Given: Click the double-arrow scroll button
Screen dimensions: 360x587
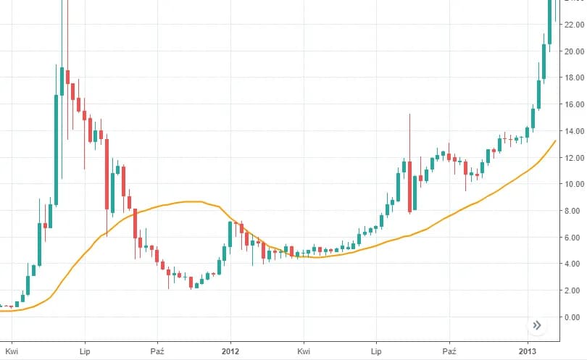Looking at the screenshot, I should coord(537,325).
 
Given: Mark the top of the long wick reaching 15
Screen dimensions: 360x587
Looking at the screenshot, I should coord(410,114).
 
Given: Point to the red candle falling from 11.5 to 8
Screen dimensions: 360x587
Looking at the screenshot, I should coord(410,186).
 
